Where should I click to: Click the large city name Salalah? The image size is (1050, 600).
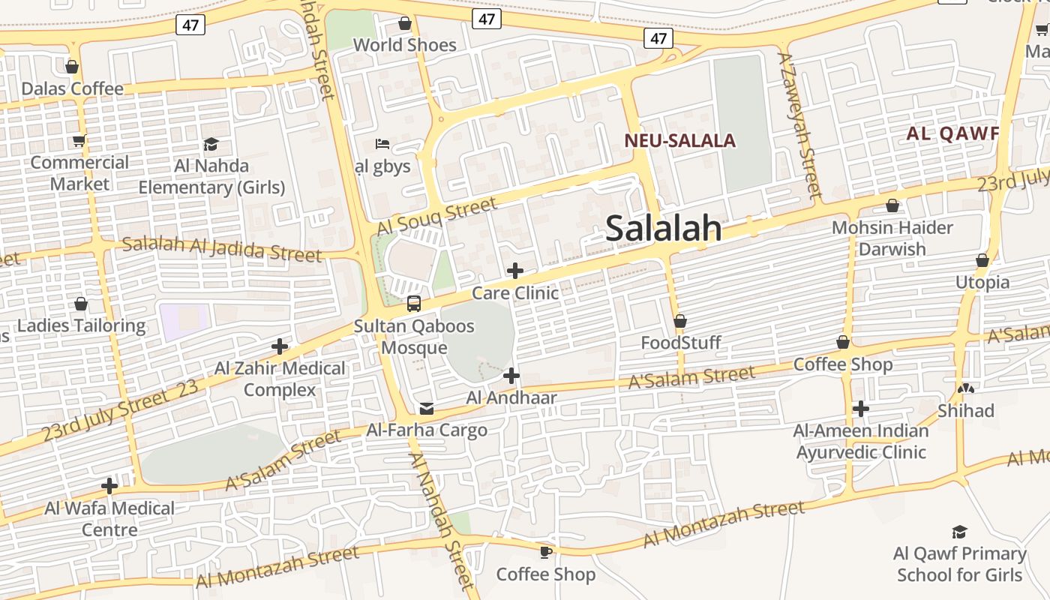[x=663, y=229]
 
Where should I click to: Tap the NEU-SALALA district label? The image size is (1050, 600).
[x=679, y=140]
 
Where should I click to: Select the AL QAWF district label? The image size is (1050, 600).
[x=952, y=134]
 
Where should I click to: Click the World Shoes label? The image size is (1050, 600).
[x=405, y=45]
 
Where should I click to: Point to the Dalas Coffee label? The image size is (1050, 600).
[x=72, y=88]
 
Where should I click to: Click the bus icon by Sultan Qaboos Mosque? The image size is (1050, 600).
[x=414, y=304]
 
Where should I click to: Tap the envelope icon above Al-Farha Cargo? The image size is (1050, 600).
[x=427, y=409]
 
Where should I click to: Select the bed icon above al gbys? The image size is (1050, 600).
[x=382, y=143]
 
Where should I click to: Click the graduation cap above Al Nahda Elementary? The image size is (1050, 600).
[x=211, y=144]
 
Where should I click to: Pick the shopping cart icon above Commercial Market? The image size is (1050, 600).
[x=79, y=140]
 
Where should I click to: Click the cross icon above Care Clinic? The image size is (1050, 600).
[x=515, y=271]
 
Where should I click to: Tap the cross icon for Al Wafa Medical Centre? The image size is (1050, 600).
[x=109, y=486]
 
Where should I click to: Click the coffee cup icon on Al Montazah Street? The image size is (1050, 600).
[x=546, y=553]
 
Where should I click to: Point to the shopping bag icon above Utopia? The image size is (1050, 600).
[x=982, y=261]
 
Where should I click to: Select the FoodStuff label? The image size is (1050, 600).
[x=681, y=343]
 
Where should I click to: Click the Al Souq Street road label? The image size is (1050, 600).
[x=436, y=217]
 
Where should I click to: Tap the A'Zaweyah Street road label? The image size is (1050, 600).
[x=800, y=124]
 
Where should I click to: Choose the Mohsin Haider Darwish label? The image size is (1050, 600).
[x=892, y=238]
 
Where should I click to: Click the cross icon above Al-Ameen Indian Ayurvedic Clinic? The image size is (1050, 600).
[x=861, y=409]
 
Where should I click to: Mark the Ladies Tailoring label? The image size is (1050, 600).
[x=81, y=325]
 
